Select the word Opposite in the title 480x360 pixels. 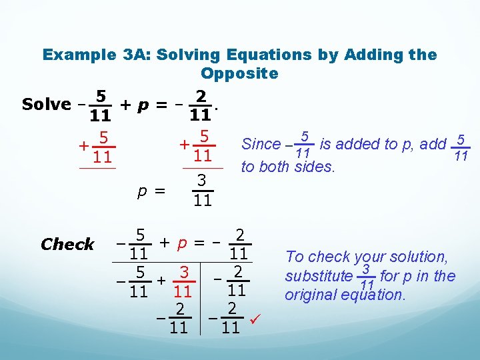click(x=239, y=73)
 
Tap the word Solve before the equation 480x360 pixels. click(x=46, y=104)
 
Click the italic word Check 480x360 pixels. click(x=67, y=245)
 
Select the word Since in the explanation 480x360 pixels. click(x=261, y=144)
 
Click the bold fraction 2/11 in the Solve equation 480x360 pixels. click(x=201, y=105)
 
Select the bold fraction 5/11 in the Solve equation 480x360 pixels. click(x=100, y=105)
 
